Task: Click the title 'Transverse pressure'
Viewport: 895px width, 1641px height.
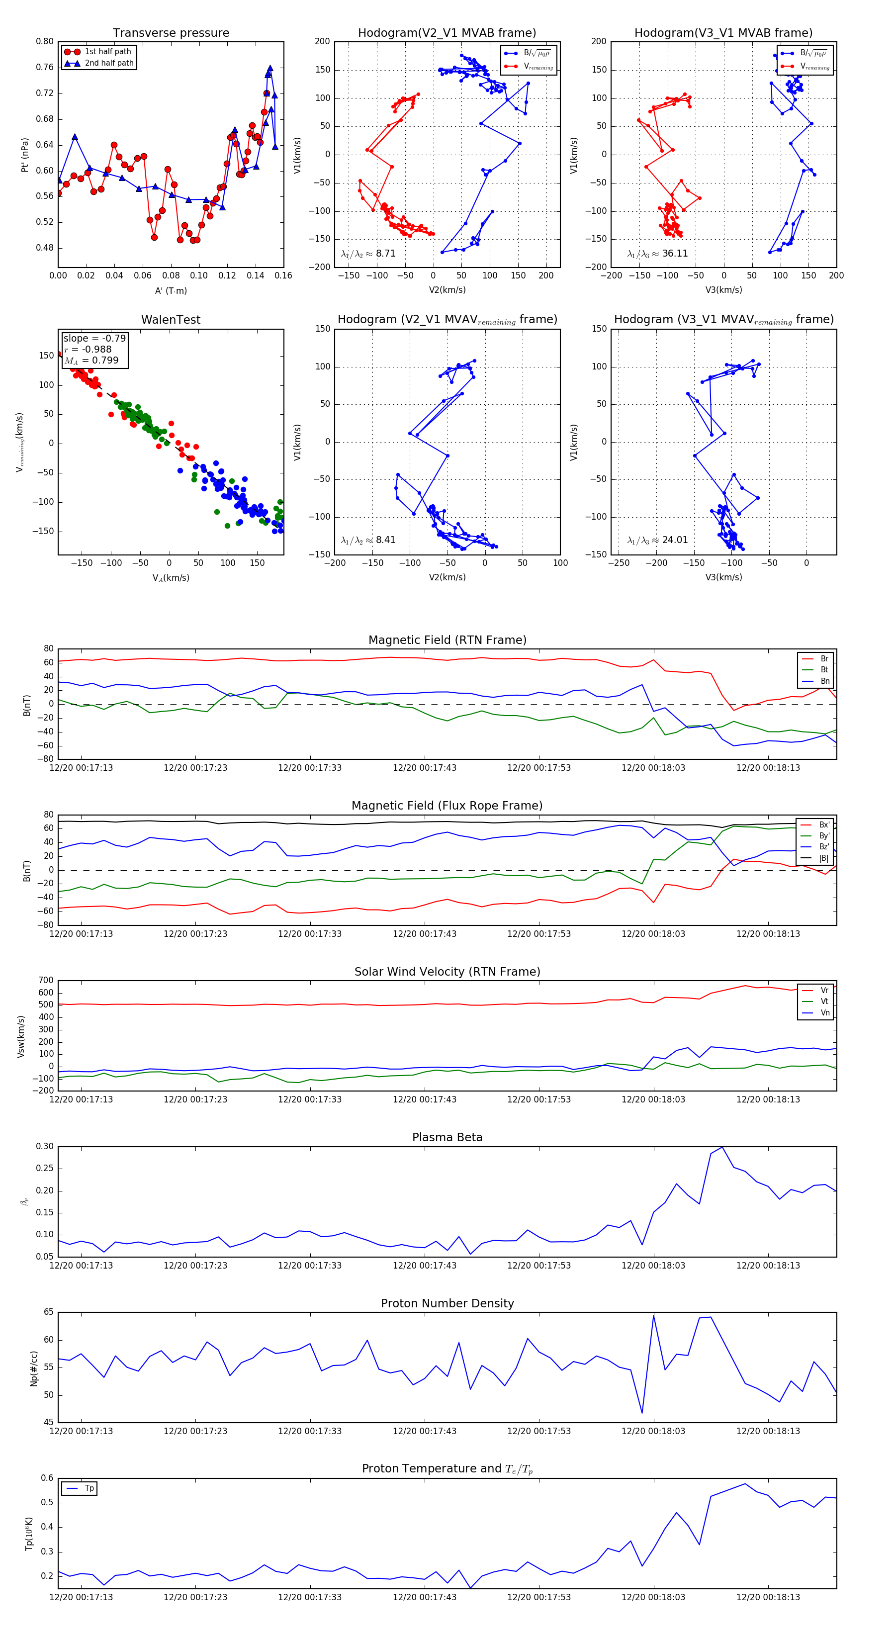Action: coord(171,33)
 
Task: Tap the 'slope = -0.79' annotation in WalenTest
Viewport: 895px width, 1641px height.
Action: coord(94,338)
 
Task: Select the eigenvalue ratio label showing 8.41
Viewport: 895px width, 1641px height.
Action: coord(368,540)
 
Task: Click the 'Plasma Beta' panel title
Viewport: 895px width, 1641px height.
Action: coord(447,1137)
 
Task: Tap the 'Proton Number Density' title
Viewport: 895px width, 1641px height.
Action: coord(447,1303)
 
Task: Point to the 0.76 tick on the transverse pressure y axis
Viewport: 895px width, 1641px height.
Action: coord(45,68)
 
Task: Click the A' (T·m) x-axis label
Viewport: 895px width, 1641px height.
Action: coord(171,291)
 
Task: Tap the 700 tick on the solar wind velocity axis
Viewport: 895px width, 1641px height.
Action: coord(46,981)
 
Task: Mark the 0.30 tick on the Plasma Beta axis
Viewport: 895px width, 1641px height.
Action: coord(45,1147)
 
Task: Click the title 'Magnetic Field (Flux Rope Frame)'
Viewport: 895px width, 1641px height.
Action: coord(447,806)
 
